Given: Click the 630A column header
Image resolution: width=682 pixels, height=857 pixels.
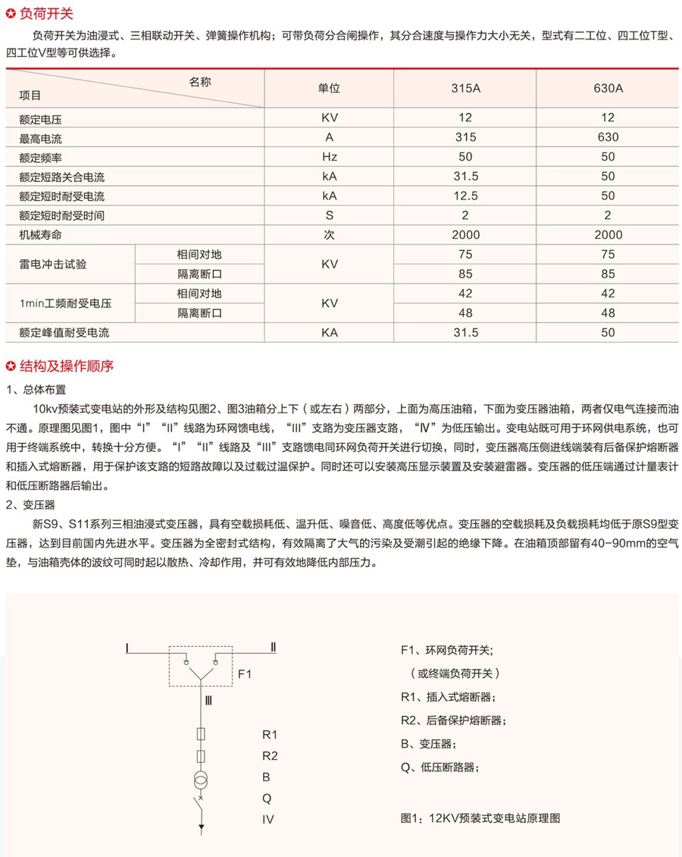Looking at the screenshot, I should tap(608, 88).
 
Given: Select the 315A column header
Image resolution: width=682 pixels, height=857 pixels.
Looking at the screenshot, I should tap(465, 88).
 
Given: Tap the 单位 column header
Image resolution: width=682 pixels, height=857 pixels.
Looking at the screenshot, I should tap(329, 88).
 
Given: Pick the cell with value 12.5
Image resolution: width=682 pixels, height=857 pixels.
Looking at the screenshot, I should tap(465, 196).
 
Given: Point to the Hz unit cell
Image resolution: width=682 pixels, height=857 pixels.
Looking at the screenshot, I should tap(329, 157).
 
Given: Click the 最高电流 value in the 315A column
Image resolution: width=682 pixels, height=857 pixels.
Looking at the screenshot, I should tap(465, 137).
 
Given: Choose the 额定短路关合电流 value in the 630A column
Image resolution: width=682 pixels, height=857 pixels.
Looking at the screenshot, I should tap(608, 177).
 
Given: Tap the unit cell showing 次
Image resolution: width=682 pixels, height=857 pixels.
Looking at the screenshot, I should tap(329, 235).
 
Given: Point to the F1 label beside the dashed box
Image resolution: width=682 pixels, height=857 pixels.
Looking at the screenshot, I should tap(244, 673).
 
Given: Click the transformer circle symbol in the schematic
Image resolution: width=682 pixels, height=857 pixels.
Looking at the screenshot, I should tap(202, 780).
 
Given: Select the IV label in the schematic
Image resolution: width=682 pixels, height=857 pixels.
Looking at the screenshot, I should tap(267, 820).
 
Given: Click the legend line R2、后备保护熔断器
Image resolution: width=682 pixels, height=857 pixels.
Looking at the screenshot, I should tap(453, 720).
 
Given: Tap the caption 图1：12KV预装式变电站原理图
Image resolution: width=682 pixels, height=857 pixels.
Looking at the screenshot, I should tap(480, 818).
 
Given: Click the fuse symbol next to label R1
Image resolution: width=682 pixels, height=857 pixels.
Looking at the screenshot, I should tap(202, 735).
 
